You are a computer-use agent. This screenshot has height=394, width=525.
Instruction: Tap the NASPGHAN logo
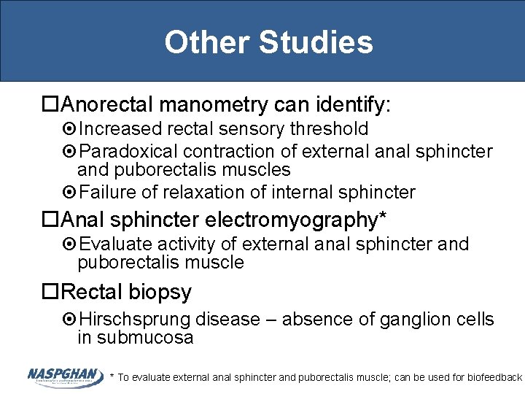65,376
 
